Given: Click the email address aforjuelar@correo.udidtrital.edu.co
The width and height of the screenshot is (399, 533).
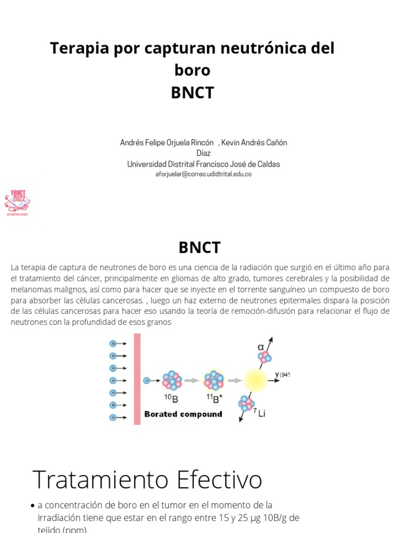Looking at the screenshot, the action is pyautogui.click(x=203, y=174).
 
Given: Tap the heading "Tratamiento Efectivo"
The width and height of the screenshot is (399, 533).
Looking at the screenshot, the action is pyautogui.click(x=147, y=479).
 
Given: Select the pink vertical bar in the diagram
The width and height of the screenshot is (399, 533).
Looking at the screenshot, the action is pyautogui.click(x=137, y=378).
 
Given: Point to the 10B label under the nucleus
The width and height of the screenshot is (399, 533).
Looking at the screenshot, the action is pyautogui.click(x=172, y=398).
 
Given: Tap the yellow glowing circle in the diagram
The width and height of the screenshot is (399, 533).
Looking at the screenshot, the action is pyautogui.click(x=255, y=380).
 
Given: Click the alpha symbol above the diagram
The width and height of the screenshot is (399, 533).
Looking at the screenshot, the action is pyautogui.click(x=261, y=347).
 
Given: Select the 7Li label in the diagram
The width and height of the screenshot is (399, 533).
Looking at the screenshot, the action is pyautogui.click(x=259, y=414).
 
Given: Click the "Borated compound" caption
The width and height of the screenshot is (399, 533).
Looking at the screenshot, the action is pyautogui.click(x=183, y=414).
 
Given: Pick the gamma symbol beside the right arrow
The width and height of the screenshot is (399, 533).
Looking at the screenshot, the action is pyautogui.click(x=277, y=374).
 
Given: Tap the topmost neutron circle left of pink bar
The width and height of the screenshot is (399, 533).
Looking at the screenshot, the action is pyautogui.click(x=113, y=344).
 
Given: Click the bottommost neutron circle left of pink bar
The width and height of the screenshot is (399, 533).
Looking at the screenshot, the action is pyautogui.click(x=113, y=417).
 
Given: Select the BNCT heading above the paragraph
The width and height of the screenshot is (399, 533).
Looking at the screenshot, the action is pyautogui.click(x=199, y=247).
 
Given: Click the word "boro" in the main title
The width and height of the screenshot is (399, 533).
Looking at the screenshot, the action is pyautogui.click(x=192, y=70).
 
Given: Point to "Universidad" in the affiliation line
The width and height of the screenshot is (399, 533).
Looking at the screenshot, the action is pyautogui.click(x=147, y=164).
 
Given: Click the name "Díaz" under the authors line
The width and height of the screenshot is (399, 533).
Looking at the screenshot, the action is pyautogui.click(x=203, y=153).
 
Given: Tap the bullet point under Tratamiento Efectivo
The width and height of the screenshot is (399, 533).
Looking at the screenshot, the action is pyautogui.click(x=33, y=505).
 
